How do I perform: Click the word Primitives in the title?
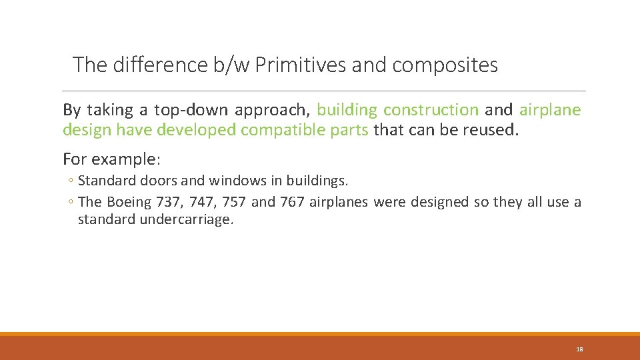click(299, 65)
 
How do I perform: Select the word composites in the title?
click(445, 65)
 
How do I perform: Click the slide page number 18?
click(579, 349)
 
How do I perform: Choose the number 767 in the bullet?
click(293, 203)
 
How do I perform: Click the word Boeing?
click(129, 203)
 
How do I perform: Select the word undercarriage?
click(186, 219)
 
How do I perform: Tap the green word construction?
click(431, 110)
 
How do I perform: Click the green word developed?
click(196, 130)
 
